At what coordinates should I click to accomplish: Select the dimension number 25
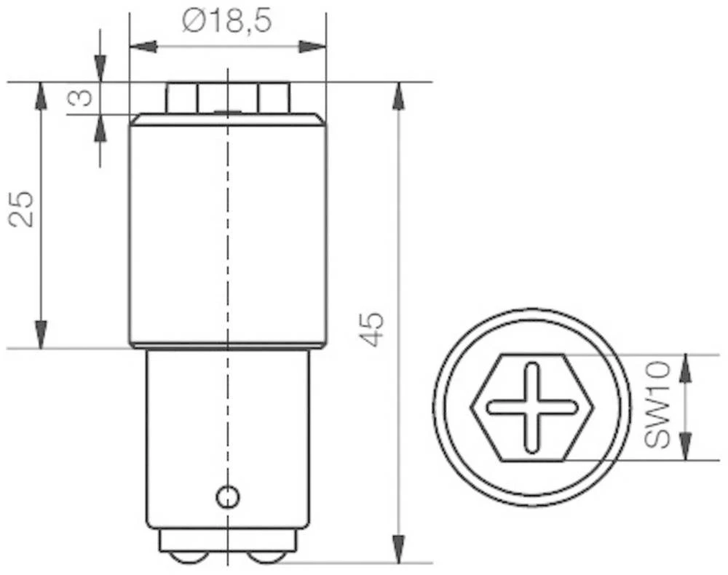tap(23, 209)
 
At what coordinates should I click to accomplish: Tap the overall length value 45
tap(372, 329)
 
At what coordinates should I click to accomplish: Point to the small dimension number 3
tap(82, 98)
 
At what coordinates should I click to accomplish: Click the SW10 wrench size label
tap(657, 408)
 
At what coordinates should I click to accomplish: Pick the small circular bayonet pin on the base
tap(228, 497)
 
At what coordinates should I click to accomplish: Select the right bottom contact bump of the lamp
tap(267, 556)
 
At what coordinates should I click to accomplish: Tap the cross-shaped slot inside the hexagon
tap(533, 407)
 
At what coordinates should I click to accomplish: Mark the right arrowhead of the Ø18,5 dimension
tap(312, 47)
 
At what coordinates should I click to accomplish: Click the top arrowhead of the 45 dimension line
tap(398, 96)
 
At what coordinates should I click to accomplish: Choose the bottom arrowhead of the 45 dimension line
tap(398, 549)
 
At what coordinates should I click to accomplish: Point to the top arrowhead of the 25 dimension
tap(41, 96)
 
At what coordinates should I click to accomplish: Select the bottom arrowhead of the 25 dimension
tap(41, 335)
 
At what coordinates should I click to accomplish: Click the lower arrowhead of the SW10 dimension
tap(685, 445)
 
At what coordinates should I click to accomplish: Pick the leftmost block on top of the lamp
tap(181, 98)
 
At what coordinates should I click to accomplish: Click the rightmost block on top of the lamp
tap(274, 98)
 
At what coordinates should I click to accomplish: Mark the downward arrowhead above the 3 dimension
tap(100, 68)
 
